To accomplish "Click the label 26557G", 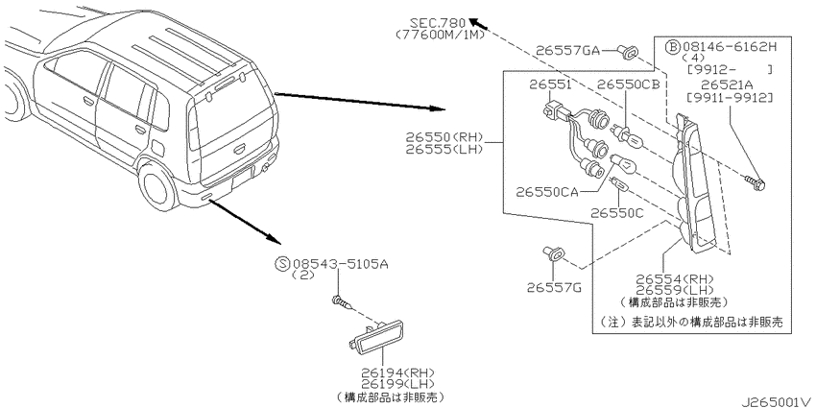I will point(548,285).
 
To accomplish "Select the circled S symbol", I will point(281,262).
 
